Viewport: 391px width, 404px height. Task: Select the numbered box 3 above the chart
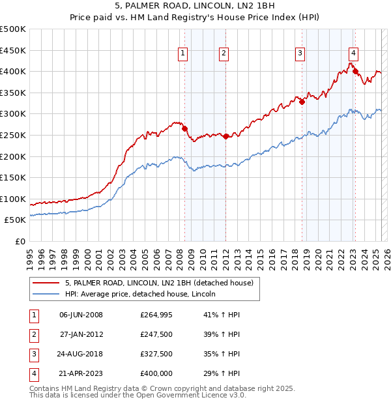pos(300,54)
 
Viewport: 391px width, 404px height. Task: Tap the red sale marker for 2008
pos(184,128)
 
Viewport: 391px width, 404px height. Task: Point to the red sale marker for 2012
pos(225,136)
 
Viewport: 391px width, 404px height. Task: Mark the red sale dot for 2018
pos(302,102)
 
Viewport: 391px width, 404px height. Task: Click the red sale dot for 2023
pos(356,71)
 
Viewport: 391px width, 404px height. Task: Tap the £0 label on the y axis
pos(21,241)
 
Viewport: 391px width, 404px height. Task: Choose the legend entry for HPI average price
pos(140,294)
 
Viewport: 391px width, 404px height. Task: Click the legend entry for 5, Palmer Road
pos(163,283)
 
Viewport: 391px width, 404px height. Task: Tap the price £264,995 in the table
pos(156,315)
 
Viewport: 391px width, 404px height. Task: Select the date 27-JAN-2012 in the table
pos(81,334)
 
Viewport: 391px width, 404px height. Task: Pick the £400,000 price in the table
pos(156,373)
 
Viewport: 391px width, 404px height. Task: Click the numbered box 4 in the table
pos(33,373)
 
